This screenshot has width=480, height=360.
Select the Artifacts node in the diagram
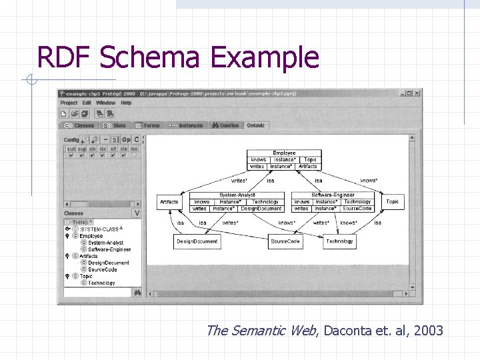pos(169,201)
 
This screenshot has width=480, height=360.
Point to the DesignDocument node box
pos(197,241)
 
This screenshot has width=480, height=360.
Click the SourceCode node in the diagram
pos(285,241)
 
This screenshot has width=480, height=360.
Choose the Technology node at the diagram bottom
pos(339,241)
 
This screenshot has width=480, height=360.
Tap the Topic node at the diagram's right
pos(393,201)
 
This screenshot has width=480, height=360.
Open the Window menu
pos(105,103)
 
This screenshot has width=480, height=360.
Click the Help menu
pos(126,103)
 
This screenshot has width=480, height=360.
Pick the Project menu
pos(69,103)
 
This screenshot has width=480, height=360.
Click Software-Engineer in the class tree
pos(109,249)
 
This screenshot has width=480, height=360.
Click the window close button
pos(417,93)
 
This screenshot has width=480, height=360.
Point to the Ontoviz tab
pos(255,125)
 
